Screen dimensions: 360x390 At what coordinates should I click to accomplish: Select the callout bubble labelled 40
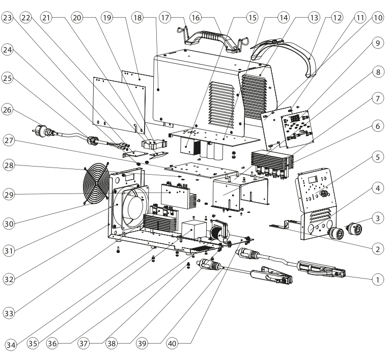tap(174, 343)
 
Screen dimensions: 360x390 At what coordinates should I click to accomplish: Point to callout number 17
tap(165, 17)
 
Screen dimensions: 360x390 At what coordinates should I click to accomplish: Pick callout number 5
tap(377, 157)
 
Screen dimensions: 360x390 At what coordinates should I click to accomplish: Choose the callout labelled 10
tap(377, 17)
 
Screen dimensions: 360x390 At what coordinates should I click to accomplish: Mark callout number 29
tap(7, 193)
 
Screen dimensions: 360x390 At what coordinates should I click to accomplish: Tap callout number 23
tap(7, 17)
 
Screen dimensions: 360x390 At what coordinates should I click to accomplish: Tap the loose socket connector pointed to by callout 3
tap(352, 229)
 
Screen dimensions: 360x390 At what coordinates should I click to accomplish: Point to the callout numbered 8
tap(377, 72)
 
